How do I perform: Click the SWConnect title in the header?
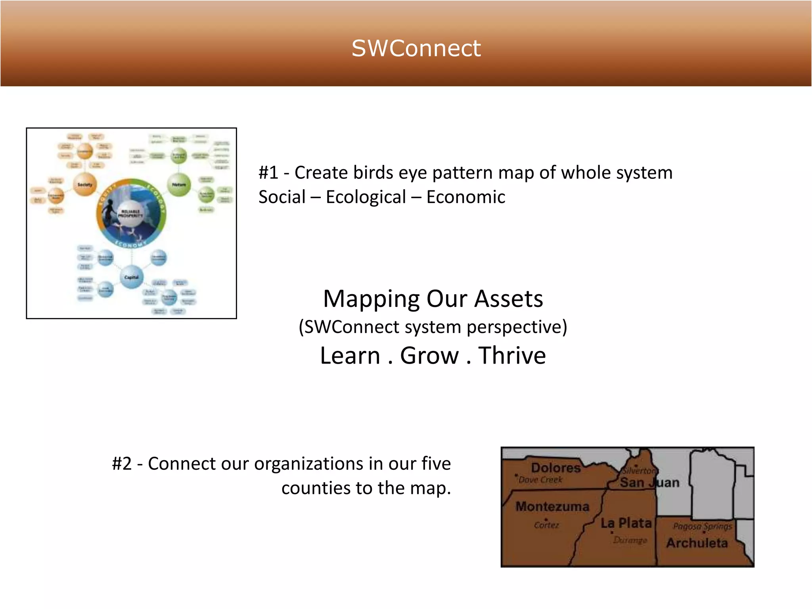pyautogui.click(x=416, y=48)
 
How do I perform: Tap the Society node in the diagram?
pyautogui.click(x=85, y=184)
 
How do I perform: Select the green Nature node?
pyautogui.click(x=179, y=185)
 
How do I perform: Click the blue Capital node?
pyautogui.click(x=131, y=277)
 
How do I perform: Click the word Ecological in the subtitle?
pyautogui.click(x=366, y=197)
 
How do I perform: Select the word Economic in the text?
pyautogui.click(x=465, y=197)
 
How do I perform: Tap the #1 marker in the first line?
pyautogui.click(x=268, y=173)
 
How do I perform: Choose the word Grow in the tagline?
pyautogui.click(x=429, y=355)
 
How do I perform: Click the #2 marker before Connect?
pyautogui.click(x=122, y=463)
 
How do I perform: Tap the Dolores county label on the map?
pyautogui.click(x=555, y=468)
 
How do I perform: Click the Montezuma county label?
pyautogui.click(x=552, y=506)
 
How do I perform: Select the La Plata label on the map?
pyautogui.click(x=626, y=523)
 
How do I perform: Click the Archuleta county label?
pyautogui.click(x=697, y=543)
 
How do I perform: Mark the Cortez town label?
pyautogui.click(x=546, y=525)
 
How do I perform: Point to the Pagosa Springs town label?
pyautogui.click(x=702, y=527)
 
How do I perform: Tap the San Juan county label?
pyautogui.click(x=649, y=483)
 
